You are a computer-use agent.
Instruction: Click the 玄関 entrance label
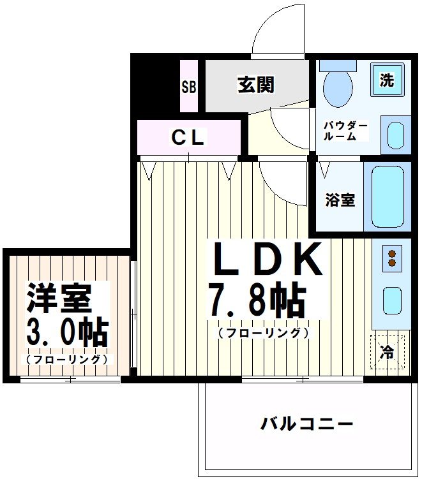256,85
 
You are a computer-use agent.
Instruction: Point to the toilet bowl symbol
336,87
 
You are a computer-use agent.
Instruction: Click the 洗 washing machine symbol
387,80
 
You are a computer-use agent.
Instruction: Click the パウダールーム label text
345,131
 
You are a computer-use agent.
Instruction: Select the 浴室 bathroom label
340,200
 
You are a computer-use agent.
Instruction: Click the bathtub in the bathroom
388,198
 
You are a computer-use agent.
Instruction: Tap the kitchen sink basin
391,300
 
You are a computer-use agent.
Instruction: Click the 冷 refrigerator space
388,352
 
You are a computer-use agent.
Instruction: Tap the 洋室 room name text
59,297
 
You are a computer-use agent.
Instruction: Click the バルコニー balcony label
306,424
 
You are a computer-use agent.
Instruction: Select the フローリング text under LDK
263,333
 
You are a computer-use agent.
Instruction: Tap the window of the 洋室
70,380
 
